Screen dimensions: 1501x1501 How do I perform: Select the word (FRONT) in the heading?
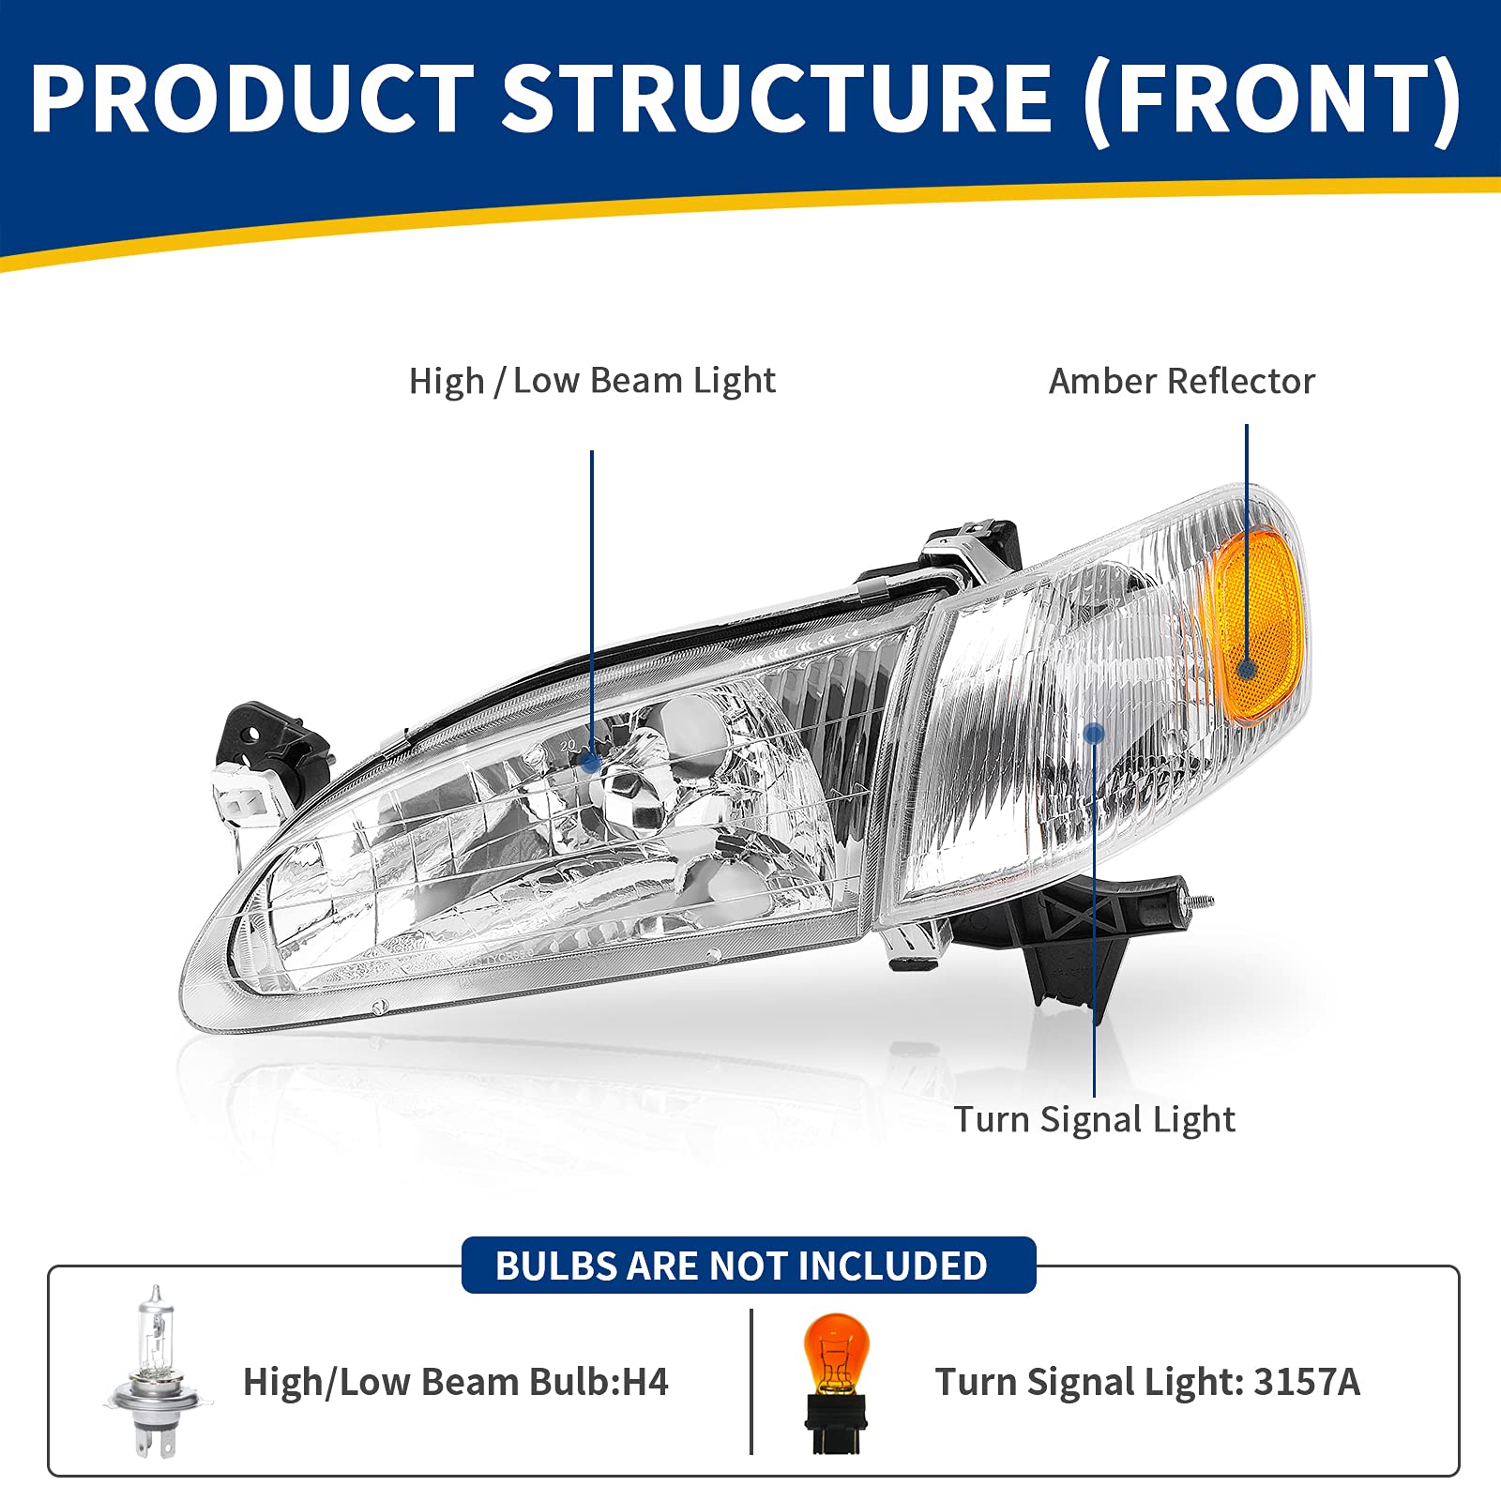(1272, 99)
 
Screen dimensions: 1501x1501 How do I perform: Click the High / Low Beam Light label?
(592, 381)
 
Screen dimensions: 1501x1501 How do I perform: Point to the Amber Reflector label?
(1181, 381)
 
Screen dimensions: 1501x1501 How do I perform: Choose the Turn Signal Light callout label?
(1094, 1119)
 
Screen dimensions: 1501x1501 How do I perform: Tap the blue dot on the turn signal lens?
(1094, 734)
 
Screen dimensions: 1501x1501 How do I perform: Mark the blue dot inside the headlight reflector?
(591, 762)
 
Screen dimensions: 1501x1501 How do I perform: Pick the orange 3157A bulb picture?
(835, 1381)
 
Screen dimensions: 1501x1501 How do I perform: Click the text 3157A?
(1306, 1382)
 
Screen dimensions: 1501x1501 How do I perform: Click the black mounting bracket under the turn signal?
(1069, 948)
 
